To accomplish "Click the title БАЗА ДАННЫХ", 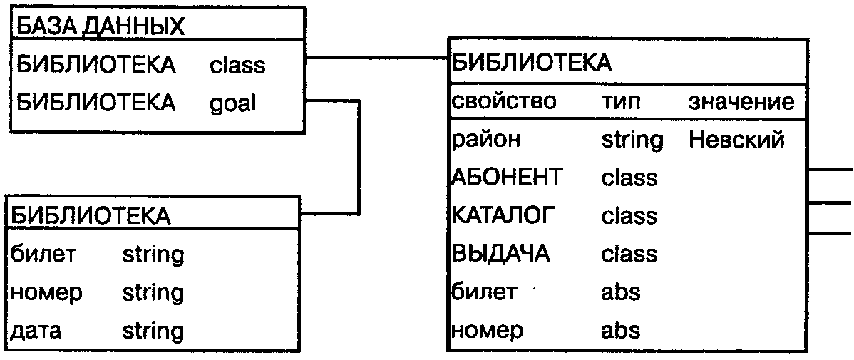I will pos(100,27).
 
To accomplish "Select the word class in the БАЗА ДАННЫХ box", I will pos(237,66).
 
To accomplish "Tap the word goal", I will pos(232,103).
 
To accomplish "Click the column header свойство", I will pos(503,101).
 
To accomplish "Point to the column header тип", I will pos(621,102).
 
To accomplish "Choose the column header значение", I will pos(741,101).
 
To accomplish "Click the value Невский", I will pos(736,139).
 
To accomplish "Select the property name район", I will pos(486,140).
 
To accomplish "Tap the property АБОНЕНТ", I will pos(507,177).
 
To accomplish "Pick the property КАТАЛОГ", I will pos(503,215).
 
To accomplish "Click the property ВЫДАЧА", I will pos(501,254).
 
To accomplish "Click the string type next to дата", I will pos(153,331).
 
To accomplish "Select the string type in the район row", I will pos(632,140).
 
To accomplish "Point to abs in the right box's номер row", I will pos(621,331).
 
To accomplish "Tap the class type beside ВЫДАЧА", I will pos(629,254).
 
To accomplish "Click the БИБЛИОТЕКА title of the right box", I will pos(532,63).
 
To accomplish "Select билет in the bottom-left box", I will pos(42,254).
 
